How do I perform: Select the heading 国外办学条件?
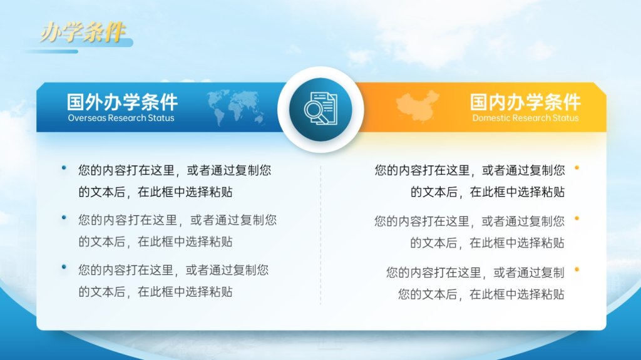tap(122, 102)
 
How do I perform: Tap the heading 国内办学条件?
tap(525, 102)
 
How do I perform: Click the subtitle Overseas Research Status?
tap(121, 118)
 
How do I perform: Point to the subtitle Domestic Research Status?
tap(525, 118)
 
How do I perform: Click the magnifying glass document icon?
tap(321, 109)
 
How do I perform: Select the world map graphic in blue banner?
tap(235, 107)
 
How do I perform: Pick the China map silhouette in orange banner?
tap(418, 106)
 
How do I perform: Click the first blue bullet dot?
tap(64, 167)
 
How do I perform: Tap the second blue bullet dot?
tap(64, 218)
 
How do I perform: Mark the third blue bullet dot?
tap(64, 267)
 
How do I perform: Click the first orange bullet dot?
tap(577, 168)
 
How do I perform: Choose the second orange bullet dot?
tap(577, 219)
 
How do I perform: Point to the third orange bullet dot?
tap(577, 269)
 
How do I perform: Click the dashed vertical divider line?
tap(320, 235)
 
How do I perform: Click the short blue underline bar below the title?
tap(52, 51)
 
